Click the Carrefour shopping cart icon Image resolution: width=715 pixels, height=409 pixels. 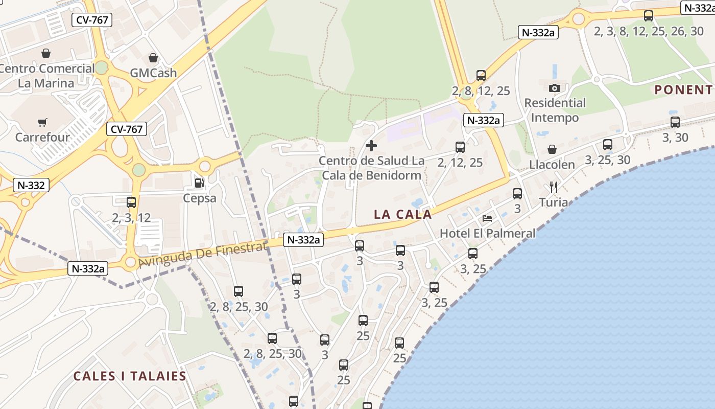[x=42, y=122]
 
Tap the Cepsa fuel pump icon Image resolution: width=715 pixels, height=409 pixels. [x=199, y=183]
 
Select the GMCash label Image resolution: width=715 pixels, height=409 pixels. [x=153, y=73]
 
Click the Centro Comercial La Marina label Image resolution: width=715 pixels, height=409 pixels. [x=46, y=76]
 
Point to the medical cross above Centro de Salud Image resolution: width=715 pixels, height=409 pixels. [x=371, y=146]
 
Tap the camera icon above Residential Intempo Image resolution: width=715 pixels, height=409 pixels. [x=555, y=88]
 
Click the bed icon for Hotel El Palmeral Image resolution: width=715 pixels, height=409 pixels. [x=487, y=218]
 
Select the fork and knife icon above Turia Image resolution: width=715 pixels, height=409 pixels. [x=554, y=187]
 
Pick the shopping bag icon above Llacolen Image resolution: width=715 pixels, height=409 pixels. [x=552, y=149]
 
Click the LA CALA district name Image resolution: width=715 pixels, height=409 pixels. [x=403, y=214]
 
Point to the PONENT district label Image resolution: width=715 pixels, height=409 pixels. [x=683, y=90]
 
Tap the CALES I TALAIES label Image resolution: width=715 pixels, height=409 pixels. [x=130, y=376]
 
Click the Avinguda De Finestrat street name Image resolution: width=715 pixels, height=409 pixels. [x=203, y=255]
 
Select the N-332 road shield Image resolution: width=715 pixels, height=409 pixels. [x=32, y=185]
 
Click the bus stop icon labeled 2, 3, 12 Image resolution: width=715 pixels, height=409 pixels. [x=131, y=202]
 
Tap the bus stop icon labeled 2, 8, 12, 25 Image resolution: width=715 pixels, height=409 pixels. [x=481, y=76]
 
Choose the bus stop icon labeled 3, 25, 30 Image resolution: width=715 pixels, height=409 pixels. [x=607, y=145]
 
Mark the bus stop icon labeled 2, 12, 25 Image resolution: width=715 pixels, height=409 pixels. [x=460, y=147]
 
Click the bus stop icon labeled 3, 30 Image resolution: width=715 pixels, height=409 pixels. [x=675, y=122]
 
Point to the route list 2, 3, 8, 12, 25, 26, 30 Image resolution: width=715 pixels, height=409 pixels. [x=649, y=31]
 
